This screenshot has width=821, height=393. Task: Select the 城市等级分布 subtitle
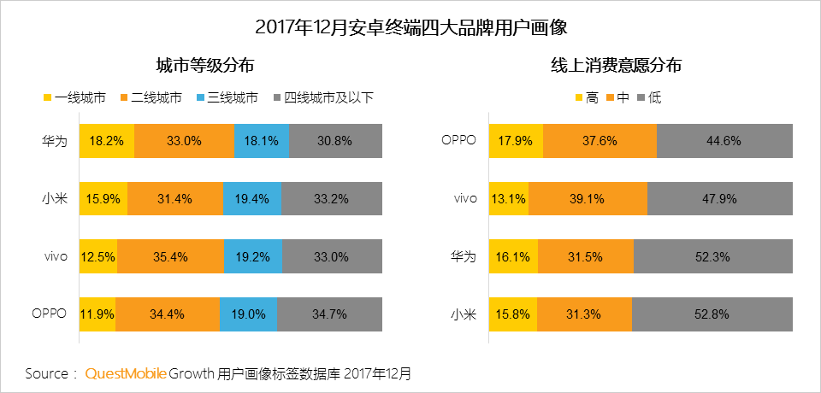[x=204, y=65]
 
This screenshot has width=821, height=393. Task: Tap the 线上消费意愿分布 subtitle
[x=616, y=65]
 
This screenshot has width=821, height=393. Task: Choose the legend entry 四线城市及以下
[x=322, y=97]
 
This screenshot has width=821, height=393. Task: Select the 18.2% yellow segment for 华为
[x=107, y=141]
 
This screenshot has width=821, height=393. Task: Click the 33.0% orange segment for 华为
[x=184, y=141]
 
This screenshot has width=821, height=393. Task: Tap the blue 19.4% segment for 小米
[x=252, y=199]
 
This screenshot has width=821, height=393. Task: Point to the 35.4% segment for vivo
[x=170, y=256]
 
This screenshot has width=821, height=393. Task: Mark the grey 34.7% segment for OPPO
[x=329, y=314]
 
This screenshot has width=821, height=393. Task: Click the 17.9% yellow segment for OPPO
[x=516, y=141]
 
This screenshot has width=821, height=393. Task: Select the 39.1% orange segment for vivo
[x=588, y=199]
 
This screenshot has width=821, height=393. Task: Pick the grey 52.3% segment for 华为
[x=713, y=256]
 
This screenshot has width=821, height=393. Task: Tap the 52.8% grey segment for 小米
[x=712, y=314]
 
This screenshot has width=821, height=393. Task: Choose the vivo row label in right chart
[x=464, y=199]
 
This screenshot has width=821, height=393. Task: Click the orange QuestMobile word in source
[x=126, y=373]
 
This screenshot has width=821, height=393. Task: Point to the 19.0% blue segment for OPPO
[x=248, y=314]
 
